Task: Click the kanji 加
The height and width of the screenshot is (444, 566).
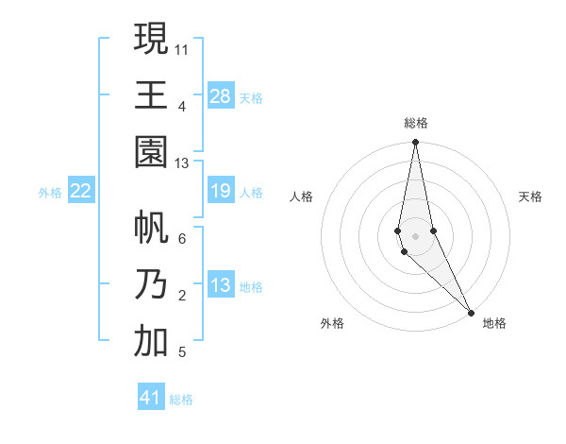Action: click(x=151, y=341)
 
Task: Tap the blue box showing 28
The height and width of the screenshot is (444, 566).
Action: click(x=221, y=96)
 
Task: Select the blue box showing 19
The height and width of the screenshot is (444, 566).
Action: click(x=221, y=192)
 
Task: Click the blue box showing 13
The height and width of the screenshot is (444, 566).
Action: click(x=221, y=286)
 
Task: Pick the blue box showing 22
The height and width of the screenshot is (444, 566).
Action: click(x=81, y=192)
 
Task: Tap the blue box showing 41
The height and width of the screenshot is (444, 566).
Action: click(x=151, y=398)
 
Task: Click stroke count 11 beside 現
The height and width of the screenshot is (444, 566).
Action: click(x=182, y=48)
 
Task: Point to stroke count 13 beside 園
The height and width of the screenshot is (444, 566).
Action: click(x=182, y=163)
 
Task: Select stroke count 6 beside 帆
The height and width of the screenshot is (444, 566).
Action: click(x=182, y=239)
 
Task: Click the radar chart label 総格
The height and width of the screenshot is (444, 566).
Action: click(x=416, y=123)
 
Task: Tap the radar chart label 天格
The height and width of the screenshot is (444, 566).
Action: click(x=531, y=196)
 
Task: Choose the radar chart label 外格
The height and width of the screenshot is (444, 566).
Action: click(x=331, y=323)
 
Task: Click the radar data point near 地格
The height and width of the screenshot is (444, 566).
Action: click(x=471, y=313)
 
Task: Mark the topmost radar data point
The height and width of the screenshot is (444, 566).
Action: click(x=415, y=143)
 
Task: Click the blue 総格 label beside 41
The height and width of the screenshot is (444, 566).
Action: click(x=181, y=400)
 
